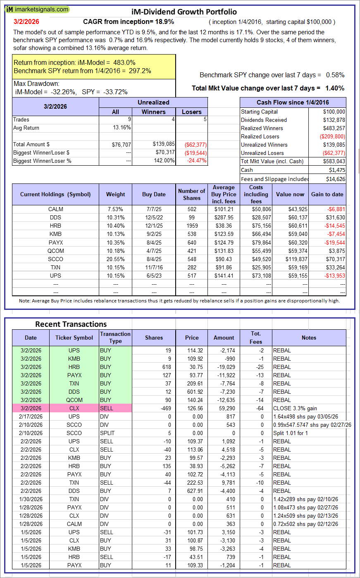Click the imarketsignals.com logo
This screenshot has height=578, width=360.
pos(38,9)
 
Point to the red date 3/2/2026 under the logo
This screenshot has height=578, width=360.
pos(26,21)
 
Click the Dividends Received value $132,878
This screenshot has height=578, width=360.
pos(333,120)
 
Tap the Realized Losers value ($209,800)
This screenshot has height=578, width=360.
pos(332,136)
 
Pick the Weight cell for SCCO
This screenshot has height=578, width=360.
pos(115,259)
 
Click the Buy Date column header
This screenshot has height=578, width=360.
pos(154,194)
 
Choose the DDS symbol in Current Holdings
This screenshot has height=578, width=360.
pos(56,217)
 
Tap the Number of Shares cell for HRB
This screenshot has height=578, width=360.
pos(191,226)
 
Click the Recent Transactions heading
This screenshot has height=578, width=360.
pos(71,324)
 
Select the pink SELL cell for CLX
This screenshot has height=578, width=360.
pos(115,408)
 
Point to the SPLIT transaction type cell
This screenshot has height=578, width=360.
pos(115,433)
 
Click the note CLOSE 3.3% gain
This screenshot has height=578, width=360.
pos(293,408)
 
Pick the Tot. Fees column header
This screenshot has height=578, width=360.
pos(256,338)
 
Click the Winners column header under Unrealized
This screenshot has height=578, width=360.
pos(153,112)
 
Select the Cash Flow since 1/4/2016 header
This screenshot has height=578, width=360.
pos(293,102)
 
